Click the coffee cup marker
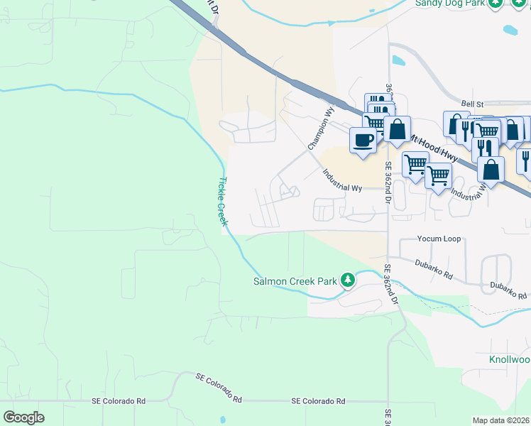tap(363, 140)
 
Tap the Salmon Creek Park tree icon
tap(347, 280)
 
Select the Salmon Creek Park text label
tap(295, 281)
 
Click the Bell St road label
tap(471, 103)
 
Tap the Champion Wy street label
tap(321, 128)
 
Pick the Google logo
tap(23, 417)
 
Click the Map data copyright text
tap(501, 420)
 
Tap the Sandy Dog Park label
tap(450, 4)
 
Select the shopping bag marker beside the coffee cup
tap(397, 130)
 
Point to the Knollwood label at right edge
tap(510, 360)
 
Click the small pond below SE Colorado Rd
tap(222, 419)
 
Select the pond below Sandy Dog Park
tap(510, 31)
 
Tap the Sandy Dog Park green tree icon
tap(496, 4)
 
